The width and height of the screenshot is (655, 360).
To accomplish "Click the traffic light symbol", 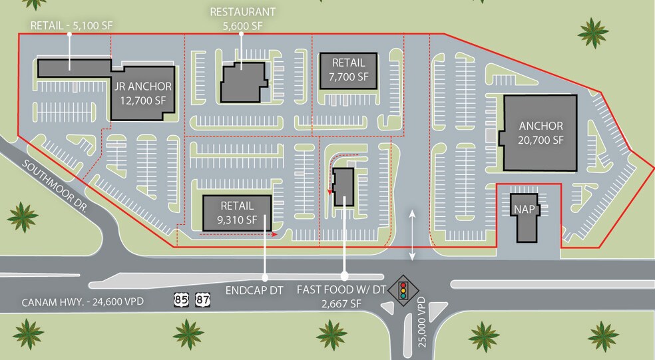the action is [x=403, y=290].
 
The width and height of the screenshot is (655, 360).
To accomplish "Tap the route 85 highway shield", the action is [x=182, y=300].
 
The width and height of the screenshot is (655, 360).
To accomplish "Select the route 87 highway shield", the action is [x=202, y=300].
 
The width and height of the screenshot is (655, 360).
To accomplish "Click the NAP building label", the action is [x=525, y=209].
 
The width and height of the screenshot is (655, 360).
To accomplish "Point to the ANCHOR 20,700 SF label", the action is [x=541, y=133].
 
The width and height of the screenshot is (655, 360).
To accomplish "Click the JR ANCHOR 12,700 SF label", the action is [x=143, y=93].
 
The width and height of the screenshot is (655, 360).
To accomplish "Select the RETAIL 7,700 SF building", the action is [x=348, y=71].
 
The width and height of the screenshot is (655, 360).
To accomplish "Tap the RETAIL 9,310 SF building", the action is [x=237, y=213].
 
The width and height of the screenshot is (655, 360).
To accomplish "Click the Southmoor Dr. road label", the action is [x=55, y=186].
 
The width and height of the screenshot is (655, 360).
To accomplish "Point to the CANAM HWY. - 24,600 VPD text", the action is [x=83, y=301].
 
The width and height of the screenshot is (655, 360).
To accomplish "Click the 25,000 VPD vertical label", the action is [x=422, y=321].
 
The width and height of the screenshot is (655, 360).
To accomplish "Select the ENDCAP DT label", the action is [x=254, y=290].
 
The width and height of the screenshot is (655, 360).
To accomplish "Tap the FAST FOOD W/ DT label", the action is [x=341, y=289].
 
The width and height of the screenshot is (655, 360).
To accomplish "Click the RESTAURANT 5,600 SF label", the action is [x=243, y=19].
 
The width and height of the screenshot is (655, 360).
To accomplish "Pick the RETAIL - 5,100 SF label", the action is [x=71, y=25].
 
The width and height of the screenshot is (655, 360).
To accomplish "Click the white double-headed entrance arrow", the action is [x=412, y=235].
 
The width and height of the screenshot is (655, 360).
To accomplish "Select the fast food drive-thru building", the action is [x=343, y=187].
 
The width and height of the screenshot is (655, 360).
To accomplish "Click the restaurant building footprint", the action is [x=244, y=83].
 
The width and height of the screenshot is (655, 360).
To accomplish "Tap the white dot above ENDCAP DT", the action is [x=264, y=277].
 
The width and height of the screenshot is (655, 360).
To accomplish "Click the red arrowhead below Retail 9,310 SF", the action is [x=275, y=234].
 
